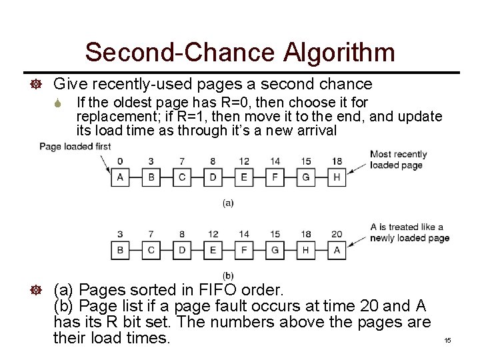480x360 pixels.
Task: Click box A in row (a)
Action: tap(120, 177)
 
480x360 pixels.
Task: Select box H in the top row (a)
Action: tap(337, 177)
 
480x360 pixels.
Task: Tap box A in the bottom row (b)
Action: tap(337, 250)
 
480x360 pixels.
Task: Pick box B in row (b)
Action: tap(120, 250)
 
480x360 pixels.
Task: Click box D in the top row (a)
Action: tap(213, 177)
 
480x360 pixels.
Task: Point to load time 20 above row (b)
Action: tap(337, 234)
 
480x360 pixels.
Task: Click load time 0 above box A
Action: tap(120, 161)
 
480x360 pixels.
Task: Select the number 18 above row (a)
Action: tap(337, 161)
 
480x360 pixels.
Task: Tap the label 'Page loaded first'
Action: tap(75, 147)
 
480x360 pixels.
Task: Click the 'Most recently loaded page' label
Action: tap(398, 160)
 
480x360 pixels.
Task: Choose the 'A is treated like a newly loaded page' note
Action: tap(409, 233)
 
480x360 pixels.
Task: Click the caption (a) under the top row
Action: tap(228, 203)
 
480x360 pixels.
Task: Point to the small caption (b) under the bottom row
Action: tap(228, 275)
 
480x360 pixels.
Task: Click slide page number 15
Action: tap(447, 341)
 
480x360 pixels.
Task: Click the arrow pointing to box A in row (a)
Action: tap(105, 164)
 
